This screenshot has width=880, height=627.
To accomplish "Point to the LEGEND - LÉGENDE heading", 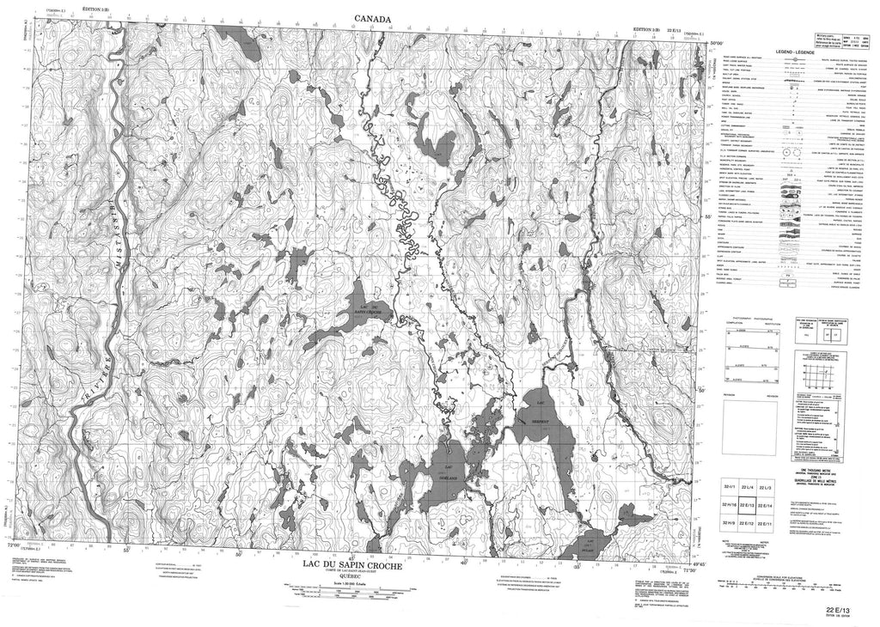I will (x=795, y=53).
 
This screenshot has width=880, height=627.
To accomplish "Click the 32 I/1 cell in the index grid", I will (x=727, y=488).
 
